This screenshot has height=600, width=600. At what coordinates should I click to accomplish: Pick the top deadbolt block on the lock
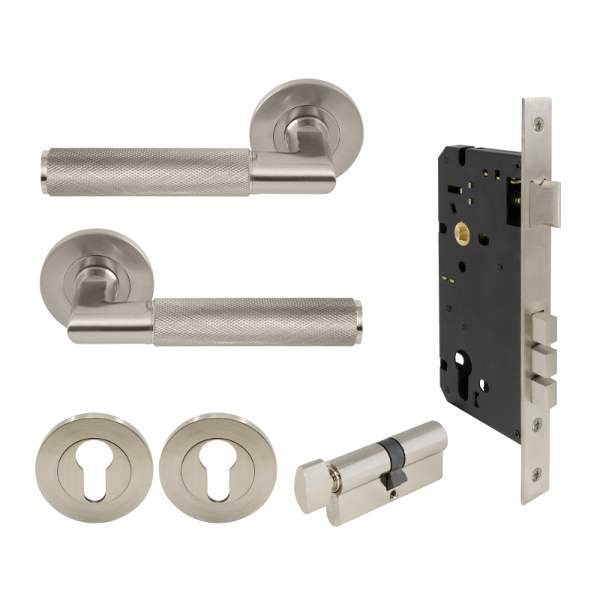(544, 327)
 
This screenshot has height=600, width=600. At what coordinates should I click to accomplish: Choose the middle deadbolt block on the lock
(544, 357)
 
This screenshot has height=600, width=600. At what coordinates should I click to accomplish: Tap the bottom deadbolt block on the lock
(544, 387)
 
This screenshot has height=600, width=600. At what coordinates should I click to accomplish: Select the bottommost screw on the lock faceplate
(537, 474)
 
